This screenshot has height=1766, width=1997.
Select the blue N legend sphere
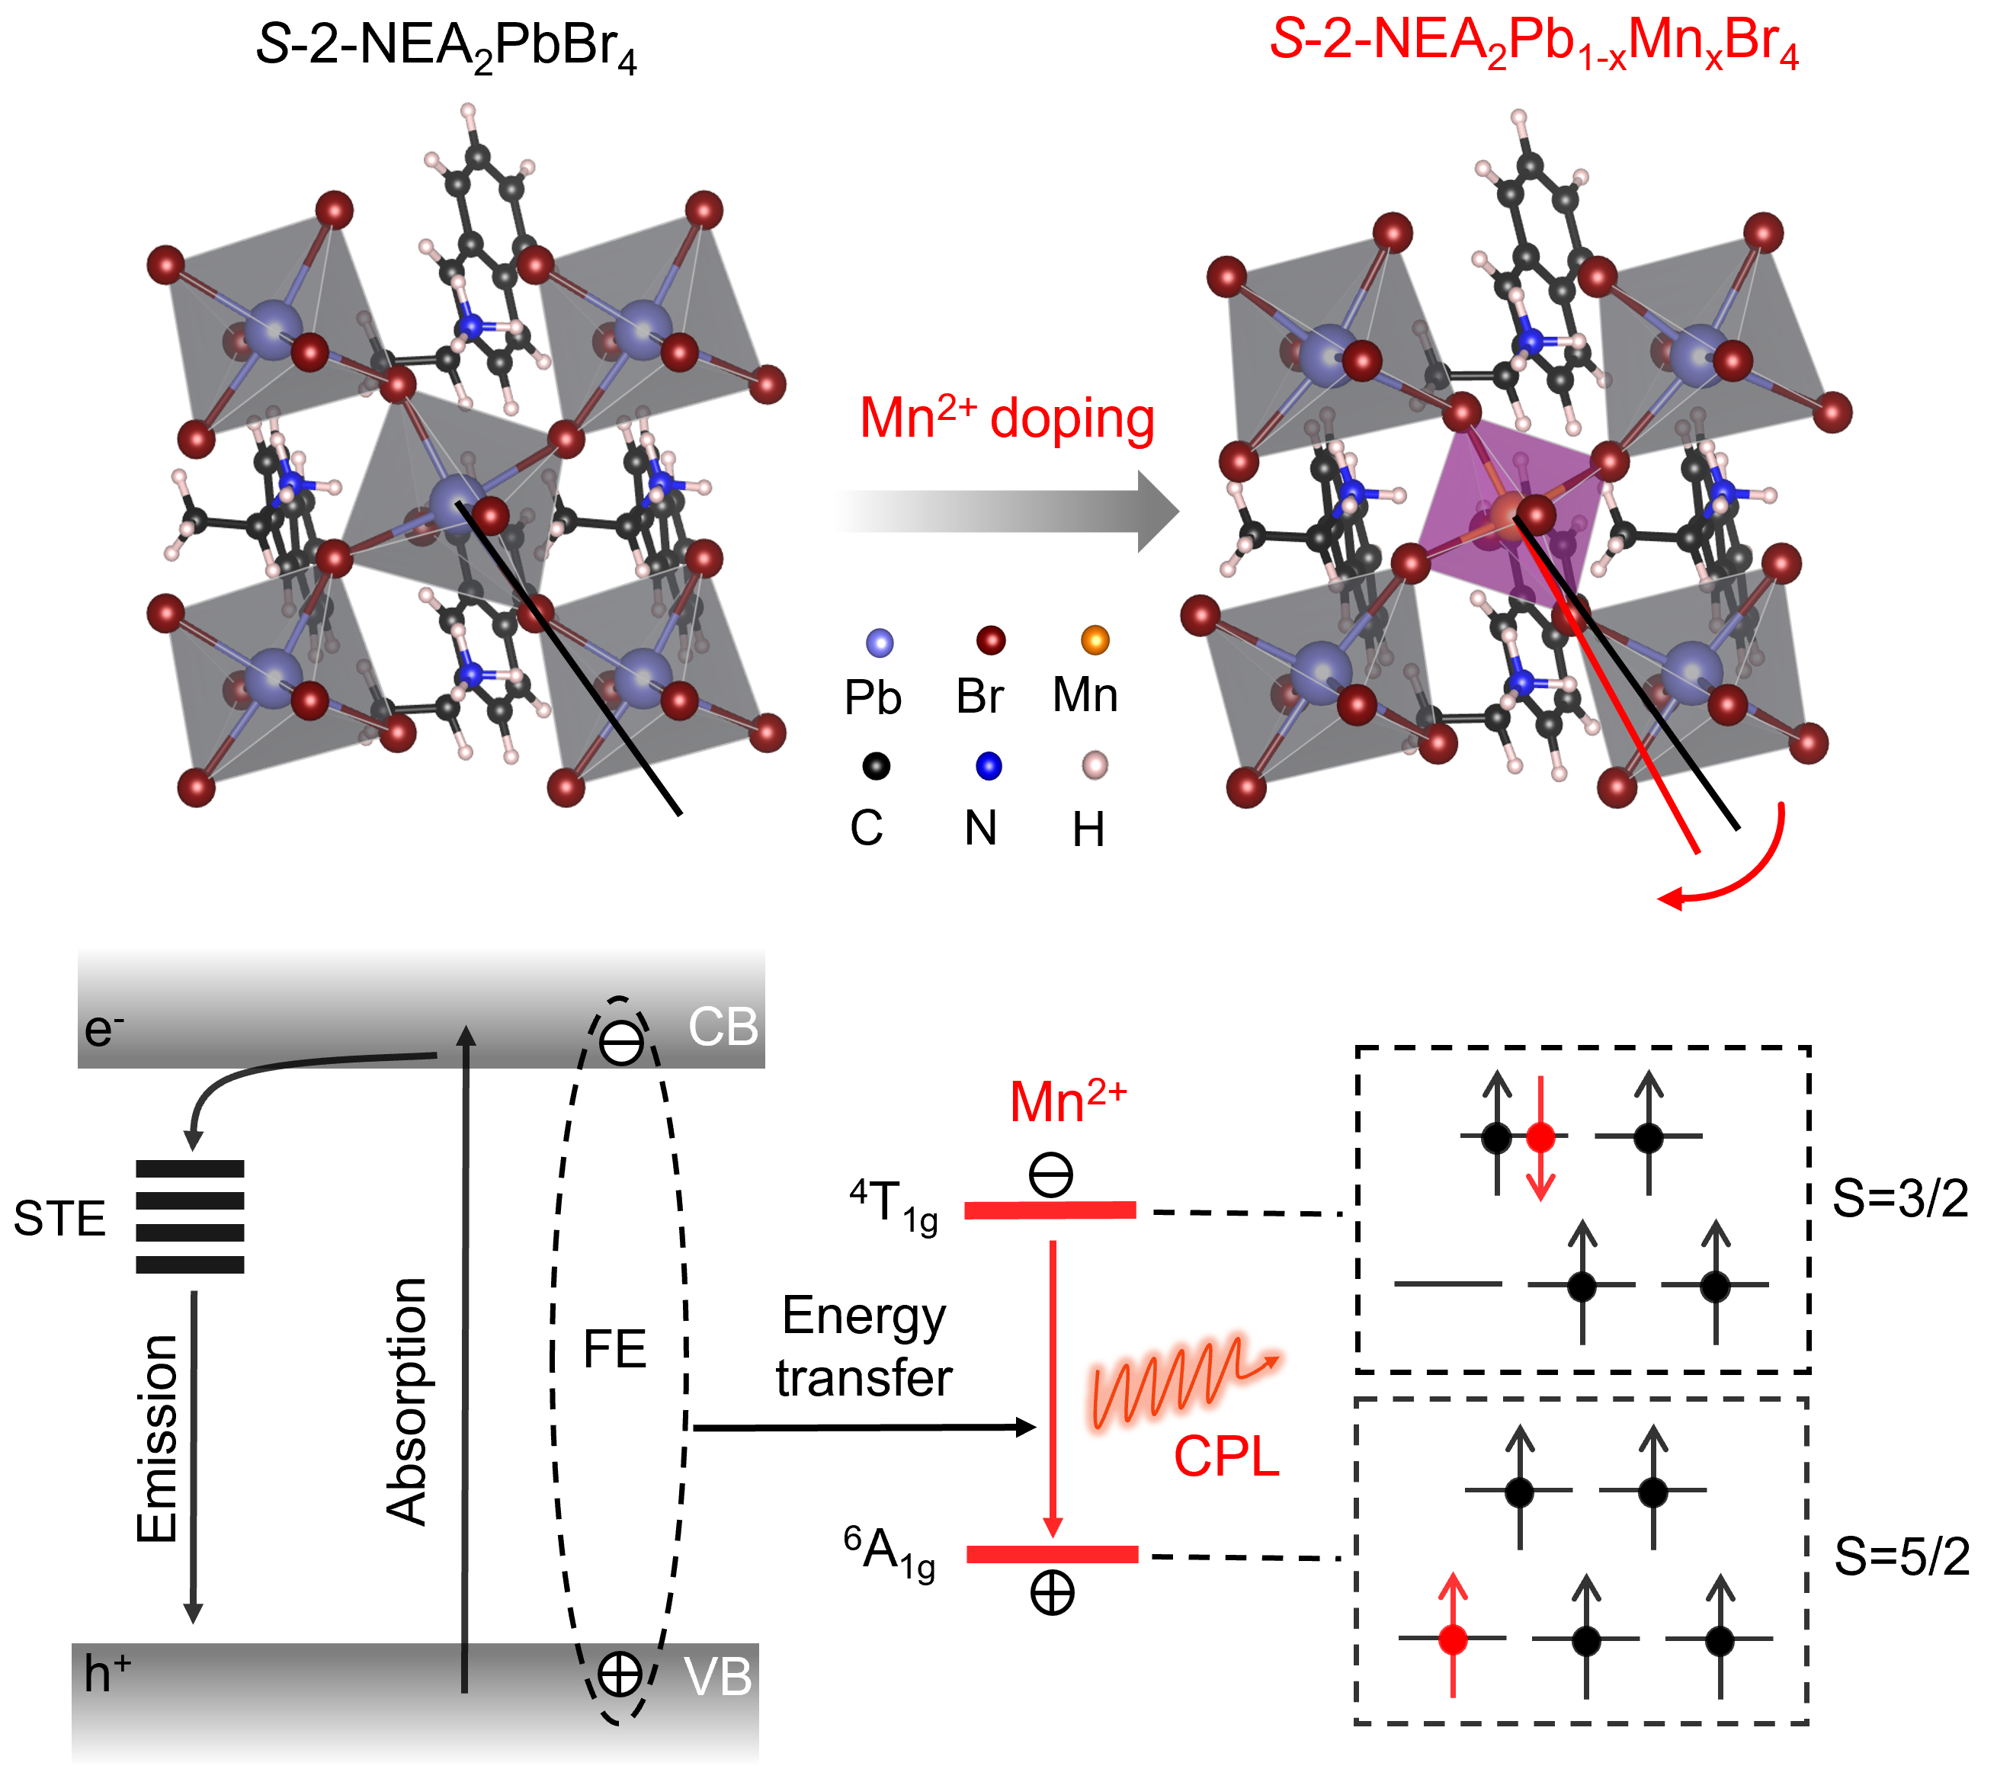(989, 766)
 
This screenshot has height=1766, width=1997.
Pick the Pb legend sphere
(880, 642)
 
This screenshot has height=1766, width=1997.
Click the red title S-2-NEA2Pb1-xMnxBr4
(1534, 44)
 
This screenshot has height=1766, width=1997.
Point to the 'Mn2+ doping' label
(1006, 418)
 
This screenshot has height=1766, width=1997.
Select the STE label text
(59, 1219)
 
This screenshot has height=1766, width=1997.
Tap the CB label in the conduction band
(723, 1027)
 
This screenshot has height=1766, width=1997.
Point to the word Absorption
(406, 1401)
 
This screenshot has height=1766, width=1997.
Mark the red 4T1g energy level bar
(1050, 1210)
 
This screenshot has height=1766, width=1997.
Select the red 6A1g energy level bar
(1052, 1554)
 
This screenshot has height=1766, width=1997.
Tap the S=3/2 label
(1900, 1198)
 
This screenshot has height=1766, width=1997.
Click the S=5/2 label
(1901, 1557)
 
